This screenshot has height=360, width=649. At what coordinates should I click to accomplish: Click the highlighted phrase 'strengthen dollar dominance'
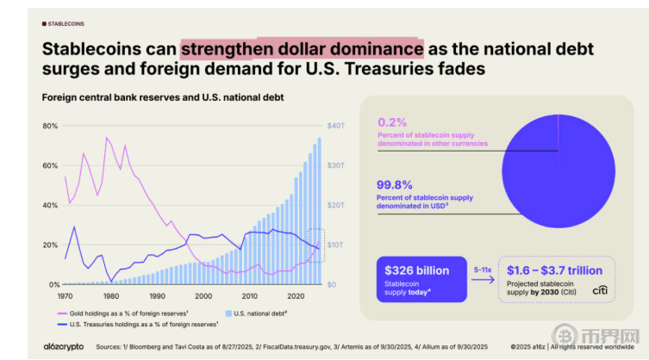click(x=303, y=48)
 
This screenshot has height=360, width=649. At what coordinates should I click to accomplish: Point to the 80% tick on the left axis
click(x=50, y=126)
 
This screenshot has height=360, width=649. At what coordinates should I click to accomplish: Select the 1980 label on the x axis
click(x=110, y=295)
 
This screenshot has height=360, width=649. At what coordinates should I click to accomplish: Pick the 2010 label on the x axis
click(x=249, y=295)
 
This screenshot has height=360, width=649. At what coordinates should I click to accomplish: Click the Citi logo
click(x=600, y=291)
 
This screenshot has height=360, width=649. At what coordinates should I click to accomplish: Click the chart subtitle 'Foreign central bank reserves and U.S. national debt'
click(x=163, y=97)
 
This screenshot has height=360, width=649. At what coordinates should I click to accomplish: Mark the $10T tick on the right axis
click(x=335, y=245)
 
